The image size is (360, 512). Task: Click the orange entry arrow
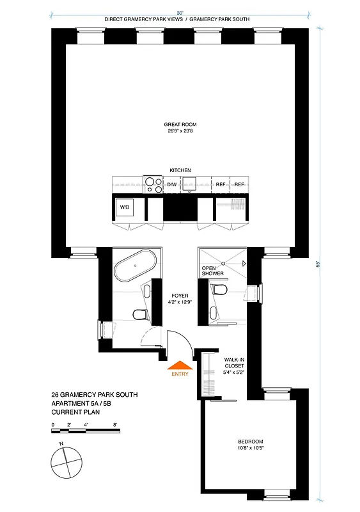point(180,365)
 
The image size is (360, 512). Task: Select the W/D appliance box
point(124,208)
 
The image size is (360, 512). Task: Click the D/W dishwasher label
point(171,185)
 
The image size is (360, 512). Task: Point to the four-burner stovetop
point(153,184)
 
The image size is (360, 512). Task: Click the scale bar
point(86,431)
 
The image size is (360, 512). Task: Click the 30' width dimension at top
point(180,12)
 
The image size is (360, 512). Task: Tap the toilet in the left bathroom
point(137,314)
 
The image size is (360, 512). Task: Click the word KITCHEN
point(180,170)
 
